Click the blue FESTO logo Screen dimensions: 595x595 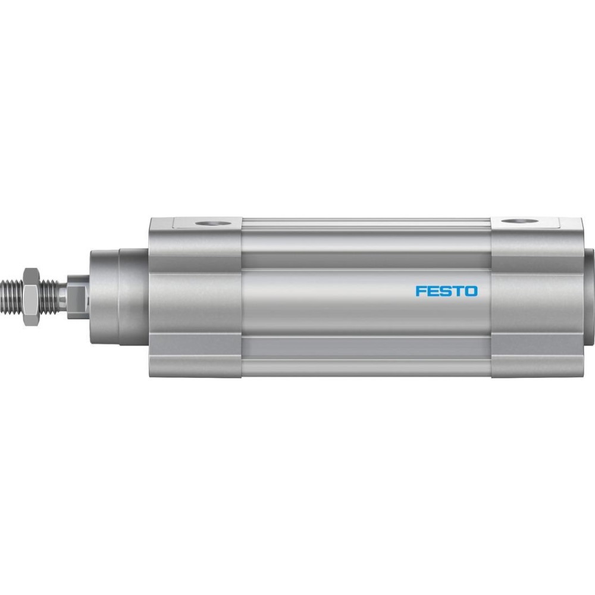coord(447,291)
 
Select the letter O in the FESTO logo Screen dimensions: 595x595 coord(472,291)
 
